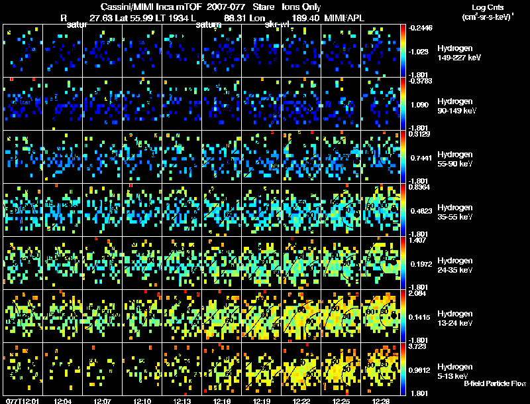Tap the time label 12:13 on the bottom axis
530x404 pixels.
pos(182,401)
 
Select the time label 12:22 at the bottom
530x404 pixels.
pos(301,401)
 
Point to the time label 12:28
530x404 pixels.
pos(381,401)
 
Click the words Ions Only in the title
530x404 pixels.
pos(301,7)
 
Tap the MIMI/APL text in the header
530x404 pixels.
pos(343,19)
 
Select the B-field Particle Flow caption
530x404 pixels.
pos(495,383)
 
